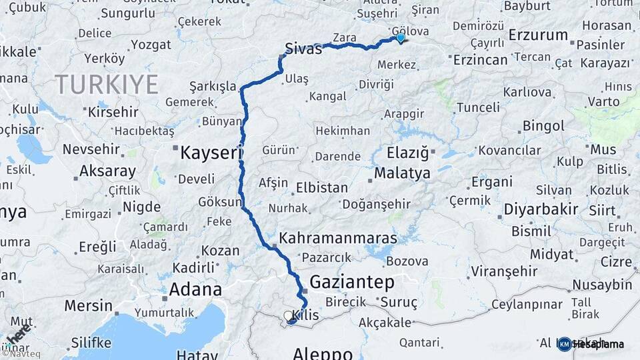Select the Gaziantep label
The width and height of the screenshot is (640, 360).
(x=351, y=281)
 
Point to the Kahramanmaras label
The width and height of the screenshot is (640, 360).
(x=338, y=238)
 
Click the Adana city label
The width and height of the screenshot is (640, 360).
(x=195, y=290)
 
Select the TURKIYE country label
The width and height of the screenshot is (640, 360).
(x=107, y=85)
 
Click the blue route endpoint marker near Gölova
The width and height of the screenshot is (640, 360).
(x=400, y=38)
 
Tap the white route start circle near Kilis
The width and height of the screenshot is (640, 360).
(x=288, y=315)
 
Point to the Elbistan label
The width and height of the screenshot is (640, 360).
(x=322, y=188)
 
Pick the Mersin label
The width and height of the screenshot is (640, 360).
(x=89, y=306)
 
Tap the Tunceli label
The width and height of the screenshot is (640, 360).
(x=477, y=107)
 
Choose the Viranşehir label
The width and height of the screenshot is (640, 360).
(x=504, y=271)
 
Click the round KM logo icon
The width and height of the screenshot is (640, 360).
(x=565, y=344)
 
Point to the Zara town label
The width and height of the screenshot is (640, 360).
(x=344, y=38)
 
